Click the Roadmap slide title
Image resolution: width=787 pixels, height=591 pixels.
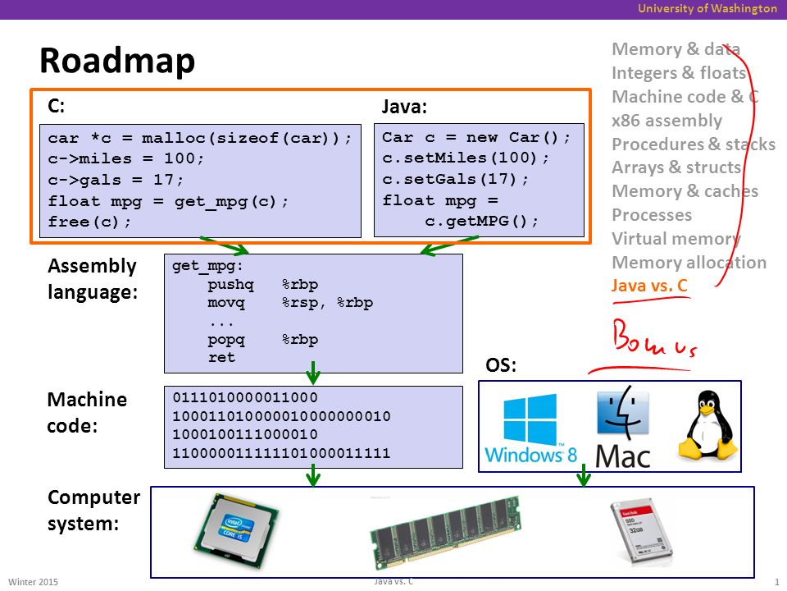click(117, 60)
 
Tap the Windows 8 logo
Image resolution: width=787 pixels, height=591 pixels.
click(530, 428)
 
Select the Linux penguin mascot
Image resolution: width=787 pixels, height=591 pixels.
click(707, 426)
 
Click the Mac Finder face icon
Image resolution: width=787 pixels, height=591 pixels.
click(623, 410)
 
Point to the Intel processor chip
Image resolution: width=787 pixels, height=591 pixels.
click(236, 530)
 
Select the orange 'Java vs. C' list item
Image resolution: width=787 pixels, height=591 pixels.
click(649, 286)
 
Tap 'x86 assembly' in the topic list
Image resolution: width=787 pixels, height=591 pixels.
click(666, 121)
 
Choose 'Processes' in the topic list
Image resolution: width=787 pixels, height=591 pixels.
click(652, 214)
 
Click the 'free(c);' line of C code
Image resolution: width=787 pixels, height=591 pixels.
click(89, 222)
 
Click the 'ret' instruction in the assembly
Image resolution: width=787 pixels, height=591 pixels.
click(221, 357)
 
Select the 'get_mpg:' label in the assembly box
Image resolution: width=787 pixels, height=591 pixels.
click(207, 266)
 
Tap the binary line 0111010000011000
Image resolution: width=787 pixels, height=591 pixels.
click(245, 397)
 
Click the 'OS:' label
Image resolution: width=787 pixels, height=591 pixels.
click(500, 364)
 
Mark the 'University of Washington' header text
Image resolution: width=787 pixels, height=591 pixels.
click(707, 8)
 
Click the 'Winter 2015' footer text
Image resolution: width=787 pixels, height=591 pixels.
click(33, 582)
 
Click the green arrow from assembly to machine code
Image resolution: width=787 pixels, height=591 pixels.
click(312, 373)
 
